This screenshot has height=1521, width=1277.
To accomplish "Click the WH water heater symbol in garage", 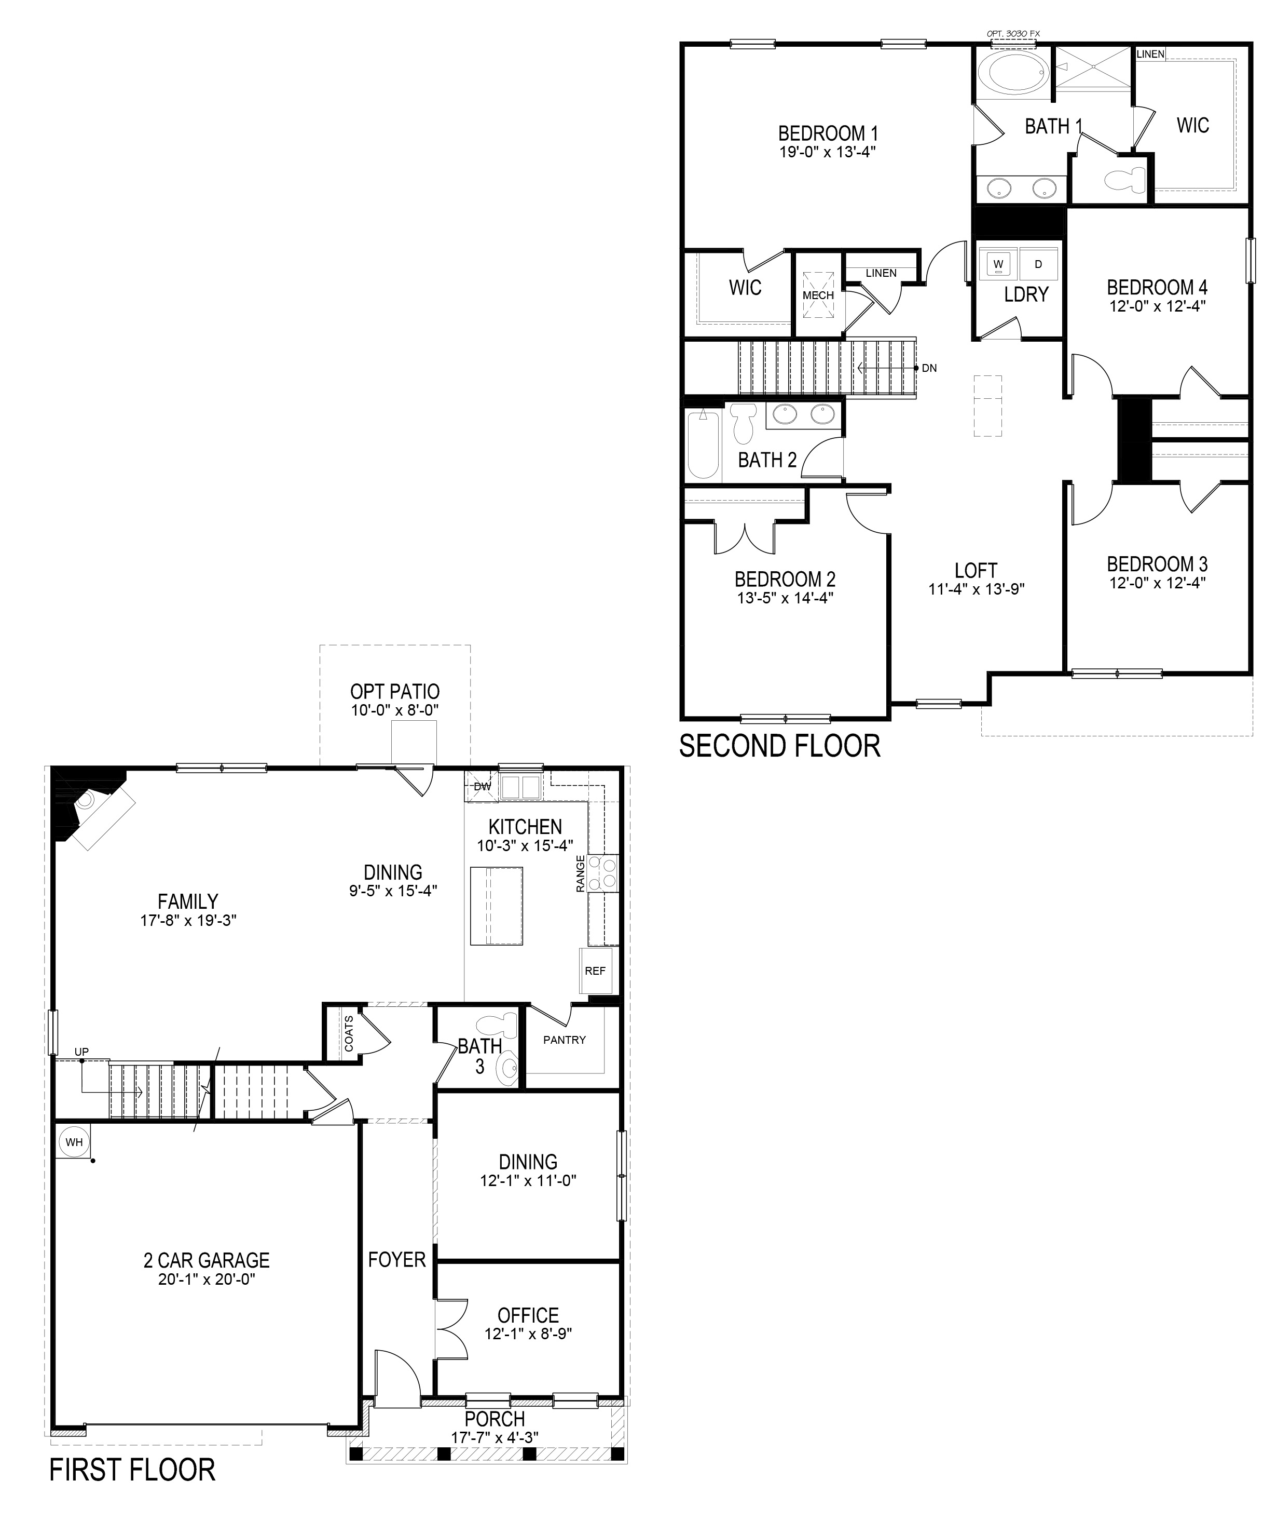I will pyautogui.click(x=74, y=1142).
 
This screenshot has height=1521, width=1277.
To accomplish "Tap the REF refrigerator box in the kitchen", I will pyautogui.click(x=595, y=971).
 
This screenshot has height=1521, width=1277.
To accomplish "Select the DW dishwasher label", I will pyautogui.click(x=482, y=786).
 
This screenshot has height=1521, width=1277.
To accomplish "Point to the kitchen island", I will pyautogui.click(x=496, y=905).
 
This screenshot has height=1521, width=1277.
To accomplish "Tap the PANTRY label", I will pyautogui.click(x=565, y=1039).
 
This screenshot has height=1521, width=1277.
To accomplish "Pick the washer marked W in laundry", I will pyautogui.click(x=999, y=264).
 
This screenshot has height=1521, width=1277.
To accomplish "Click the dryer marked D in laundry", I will pyautogui.click(x=1038, y=264).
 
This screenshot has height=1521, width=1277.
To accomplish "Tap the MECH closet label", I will pyautogui.click(x=818, y=295).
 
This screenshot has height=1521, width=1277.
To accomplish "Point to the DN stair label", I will pyautogui.click(x=929, y=368).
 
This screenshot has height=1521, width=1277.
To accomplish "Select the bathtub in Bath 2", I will pyautogui.click(x=702, y=446).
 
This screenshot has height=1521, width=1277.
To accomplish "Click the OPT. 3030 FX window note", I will pyautogui.click(x=1013, y=33).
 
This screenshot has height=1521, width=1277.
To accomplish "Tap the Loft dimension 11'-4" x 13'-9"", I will pyautogui.click(x=976, y=589).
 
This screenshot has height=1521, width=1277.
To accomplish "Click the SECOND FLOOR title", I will pyautogui.click(x=780, y=746).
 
